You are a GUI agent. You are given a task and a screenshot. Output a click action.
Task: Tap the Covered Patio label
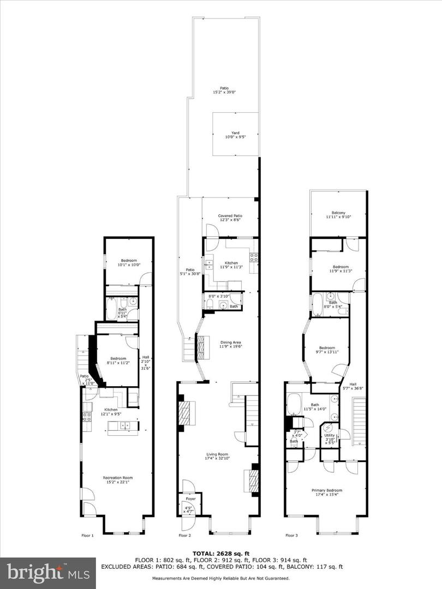[x=230, y=218]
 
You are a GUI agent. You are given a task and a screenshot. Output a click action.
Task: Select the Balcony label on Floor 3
[x=338, y=215]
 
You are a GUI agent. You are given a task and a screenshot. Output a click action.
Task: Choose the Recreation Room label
[x=118, y=480]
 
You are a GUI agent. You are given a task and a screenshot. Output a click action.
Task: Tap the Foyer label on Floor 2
[x=190, y=498]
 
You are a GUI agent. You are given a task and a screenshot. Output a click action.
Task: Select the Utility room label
[x=330, y=439]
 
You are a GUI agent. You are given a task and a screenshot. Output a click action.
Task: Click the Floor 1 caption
[x=87, y=536]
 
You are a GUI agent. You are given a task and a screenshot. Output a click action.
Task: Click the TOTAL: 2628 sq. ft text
[x=221, y=553]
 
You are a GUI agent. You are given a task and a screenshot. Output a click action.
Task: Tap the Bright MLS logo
[x=35, y=573]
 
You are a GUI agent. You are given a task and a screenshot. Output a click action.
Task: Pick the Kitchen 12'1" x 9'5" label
[x=111, y=412]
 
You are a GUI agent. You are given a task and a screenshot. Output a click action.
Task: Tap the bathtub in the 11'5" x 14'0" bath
[x=294, y=404]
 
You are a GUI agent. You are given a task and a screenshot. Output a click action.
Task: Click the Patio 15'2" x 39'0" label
[x=224, y=90]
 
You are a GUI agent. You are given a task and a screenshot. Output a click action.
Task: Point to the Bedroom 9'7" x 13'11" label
[x=327, y=350]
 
